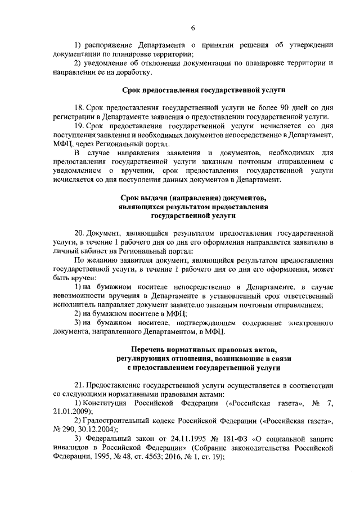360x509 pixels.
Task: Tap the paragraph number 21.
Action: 79,385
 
